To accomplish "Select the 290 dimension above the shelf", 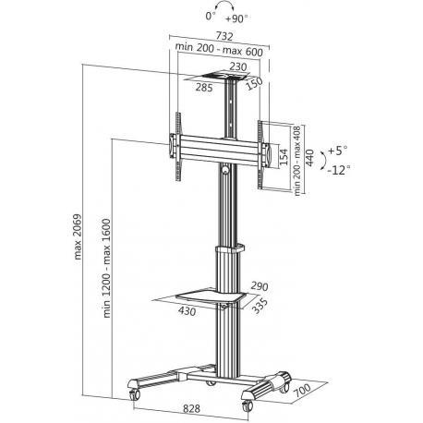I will tap(258, 286).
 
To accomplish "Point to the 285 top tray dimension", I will tap(204, 88).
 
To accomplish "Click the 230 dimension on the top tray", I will tap(238, 66).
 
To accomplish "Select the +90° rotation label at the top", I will tap(240, 18).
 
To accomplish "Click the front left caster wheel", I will tap(132, 392).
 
